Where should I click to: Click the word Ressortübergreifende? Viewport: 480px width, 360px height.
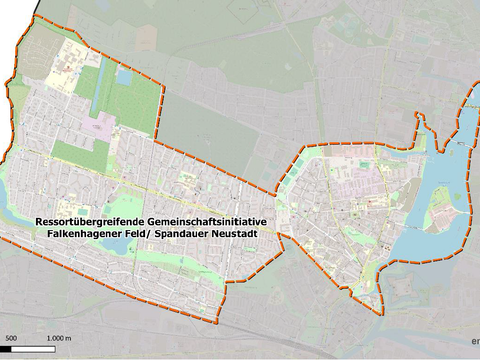tap(88, 220)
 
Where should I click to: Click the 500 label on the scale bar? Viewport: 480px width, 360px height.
tap(7, 340)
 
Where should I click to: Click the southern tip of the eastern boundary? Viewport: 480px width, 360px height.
tap(380, 311)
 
